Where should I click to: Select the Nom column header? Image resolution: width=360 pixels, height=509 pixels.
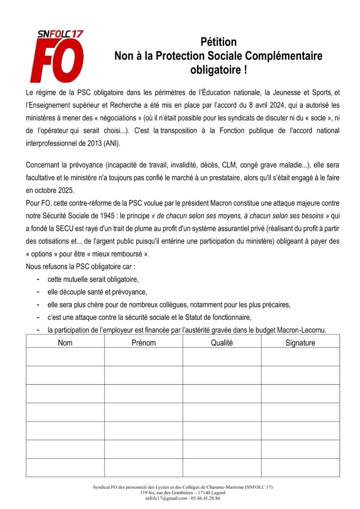pyautogui.click(x=65, y=343)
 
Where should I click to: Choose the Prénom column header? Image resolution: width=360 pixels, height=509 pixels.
pyautogui.click(x=144, y=343)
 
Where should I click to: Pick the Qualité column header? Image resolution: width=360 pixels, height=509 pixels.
pyautogui.click(x=222, y=343)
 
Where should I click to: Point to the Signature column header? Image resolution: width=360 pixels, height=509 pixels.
pyautogui.click(x=300, y=343)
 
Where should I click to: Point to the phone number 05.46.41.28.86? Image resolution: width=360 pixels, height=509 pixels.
pyautogui.click(x=205, y=497)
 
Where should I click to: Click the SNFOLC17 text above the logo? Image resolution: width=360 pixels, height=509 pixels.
pyautogui.click(x=61, y=34)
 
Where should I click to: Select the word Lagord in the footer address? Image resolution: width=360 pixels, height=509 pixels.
pyautogui.click(x=215, y=492)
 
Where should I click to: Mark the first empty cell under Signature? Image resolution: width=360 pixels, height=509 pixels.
pyautogui.click(x=300, y=357)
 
